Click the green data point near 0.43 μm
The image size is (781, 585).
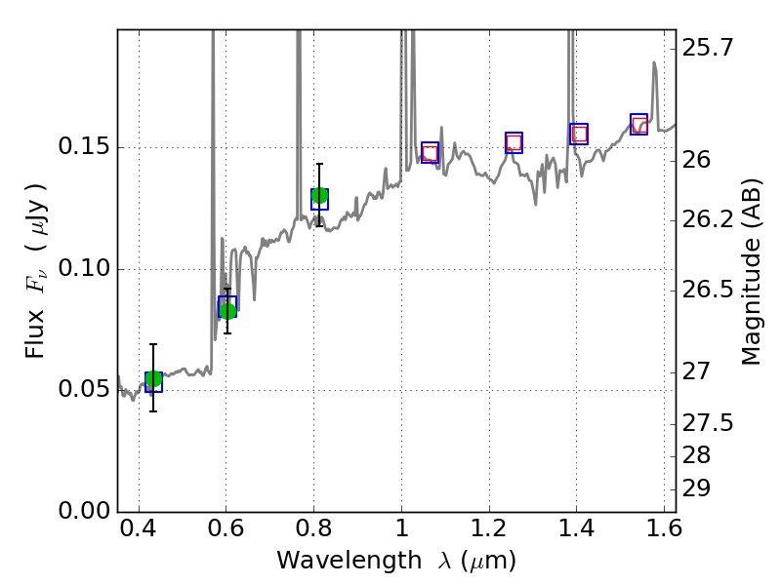(153, 379)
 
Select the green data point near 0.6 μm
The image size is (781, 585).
(227, 310)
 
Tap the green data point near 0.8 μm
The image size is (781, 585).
(319, 196)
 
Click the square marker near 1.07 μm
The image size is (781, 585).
(431, 152)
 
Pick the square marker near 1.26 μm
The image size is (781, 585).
(514, 142)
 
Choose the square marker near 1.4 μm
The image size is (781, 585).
(579, 134)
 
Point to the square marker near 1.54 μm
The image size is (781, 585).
(639, 124)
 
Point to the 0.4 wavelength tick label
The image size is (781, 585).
(139, 532)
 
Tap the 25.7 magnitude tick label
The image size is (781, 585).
(708, 47)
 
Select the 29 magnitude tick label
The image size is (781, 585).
(699, 487)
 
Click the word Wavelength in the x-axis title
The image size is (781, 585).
(333, 561)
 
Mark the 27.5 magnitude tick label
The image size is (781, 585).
(708, 423)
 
